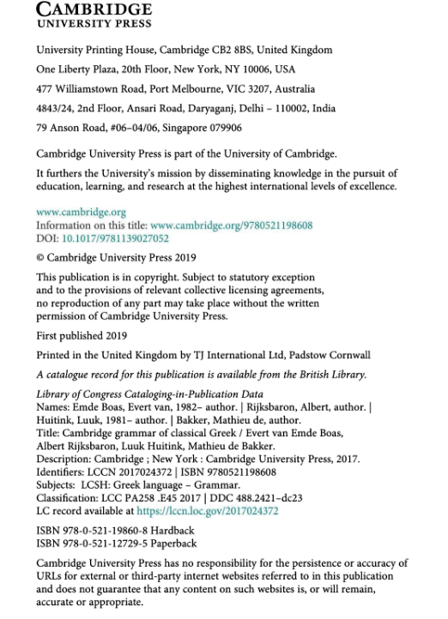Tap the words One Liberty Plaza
pos(74,69)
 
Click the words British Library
pos(333,374)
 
